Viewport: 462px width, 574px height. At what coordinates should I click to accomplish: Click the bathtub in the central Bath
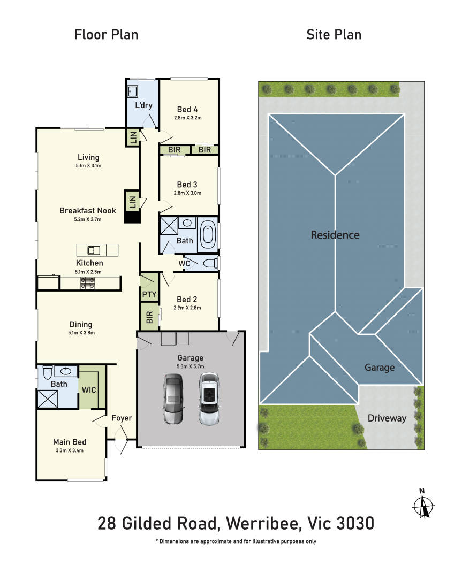pyautogui.click(x=207, y=235)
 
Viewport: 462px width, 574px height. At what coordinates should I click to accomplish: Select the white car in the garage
pyautogui.click(x=209, y=399)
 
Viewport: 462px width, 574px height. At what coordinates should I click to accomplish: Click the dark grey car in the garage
pyautogui.click(x=173, y=399)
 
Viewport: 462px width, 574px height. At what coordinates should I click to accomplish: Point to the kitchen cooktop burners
pyautogui.click(x=88, y=283)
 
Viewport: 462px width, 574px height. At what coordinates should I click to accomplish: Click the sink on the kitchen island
pyautogui.click(x=94, y=250)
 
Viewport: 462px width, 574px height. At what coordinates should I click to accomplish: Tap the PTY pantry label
pyautogui.click(x=149, y=294)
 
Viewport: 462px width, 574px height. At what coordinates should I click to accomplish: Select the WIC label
pyautogui.click(x=89, y=390)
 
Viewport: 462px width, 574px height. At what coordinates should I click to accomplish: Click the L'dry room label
pyautogui.click(x=143, y=105)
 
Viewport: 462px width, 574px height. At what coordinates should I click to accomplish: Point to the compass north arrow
pyautogui.click(x=423, y=504)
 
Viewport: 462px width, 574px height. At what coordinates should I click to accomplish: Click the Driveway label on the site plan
pyautogui.click(x=387, y=418)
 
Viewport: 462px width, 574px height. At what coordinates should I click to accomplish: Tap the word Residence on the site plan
pyautogui.click(x=335, y=235)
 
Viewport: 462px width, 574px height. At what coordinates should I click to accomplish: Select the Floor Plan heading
pyautogui.click(x=106, y=35)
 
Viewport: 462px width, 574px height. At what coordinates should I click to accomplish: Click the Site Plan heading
pyautogui.click(x=334, y=35)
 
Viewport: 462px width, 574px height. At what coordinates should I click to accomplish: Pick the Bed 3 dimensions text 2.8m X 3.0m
pyautogui.click(x=187, y=193)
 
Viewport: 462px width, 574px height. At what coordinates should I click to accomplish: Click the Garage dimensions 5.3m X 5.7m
pyautogui.click(x=191, y=366)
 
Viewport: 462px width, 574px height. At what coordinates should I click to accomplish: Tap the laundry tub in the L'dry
pyautogui.click(x=132, y=91)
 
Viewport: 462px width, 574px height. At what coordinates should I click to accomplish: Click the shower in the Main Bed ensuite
pyautogui.click(x=48, y=399)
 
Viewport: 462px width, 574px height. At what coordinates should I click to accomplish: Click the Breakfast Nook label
pyautogui.click(x=88, y=211)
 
